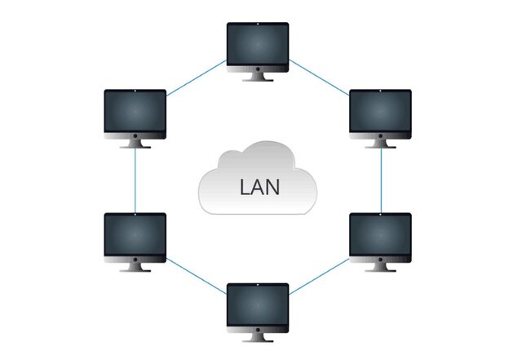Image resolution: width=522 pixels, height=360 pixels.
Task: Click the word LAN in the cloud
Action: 259,186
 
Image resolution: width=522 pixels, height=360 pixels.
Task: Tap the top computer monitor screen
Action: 257,45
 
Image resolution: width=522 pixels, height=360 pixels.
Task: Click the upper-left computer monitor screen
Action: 135,112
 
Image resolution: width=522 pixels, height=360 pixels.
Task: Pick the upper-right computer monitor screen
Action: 380,112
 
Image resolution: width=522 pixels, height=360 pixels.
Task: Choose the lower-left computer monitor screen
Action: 135,235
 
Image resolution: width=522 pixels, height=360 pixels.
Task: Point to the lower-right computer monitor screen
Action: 380,235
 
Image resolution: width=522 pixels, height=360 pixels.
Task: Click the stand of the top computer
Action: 258,76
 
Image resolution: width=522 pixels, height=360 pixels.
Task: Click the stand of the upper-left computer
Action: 135,143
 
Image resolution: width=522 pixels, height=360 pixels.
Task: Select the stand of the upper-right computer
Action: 380,143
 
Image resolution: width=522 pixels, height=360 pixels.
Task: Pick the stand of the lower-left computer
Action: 135,267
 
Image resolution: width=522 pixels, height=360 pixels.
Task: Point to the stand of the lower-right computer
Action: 380,267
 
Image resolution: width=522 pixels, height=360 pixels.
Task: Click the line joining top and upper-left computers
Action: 197,78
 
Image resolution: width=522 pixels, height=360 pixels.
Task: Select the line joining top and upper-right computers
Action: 319,78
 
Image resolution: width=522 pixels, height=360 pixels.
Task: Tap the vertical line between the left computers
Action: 135,180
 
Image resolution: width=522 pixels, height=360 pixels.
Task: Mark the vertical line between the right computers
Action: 382,180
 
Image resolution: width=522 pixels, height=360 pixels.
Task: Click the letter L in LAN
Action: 245,186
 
